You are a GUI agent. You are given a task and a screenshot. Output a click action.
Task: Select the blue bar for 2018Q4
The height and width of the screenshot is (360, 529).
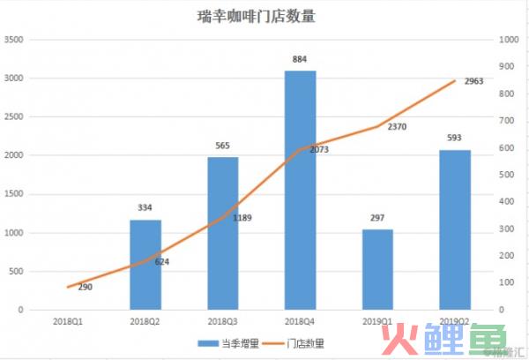pos(301,190)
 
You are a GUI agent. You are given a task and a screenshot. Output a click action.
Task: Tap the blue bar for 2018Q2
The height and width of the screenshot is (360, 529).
pos(145,265)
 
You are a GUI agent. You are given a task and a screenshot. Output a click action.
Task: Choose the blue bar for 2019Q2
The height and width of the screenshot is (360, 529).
pos(454,229)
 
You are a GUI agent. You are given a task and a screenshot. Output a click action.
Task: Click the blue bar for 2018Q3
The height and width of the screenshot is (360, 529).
pos(223,233)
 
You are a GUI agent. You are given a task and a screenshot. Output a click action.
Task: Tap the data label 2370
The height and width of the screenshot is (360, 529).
pos(397,126)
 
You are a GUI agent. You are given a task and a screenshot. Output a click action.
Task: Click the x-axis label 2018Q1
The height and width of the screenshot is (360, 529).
pos(69,323)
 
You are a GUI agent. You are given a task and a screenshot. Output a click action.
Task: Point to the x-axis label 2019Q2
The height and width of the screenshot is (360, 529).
pos(454,323)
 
